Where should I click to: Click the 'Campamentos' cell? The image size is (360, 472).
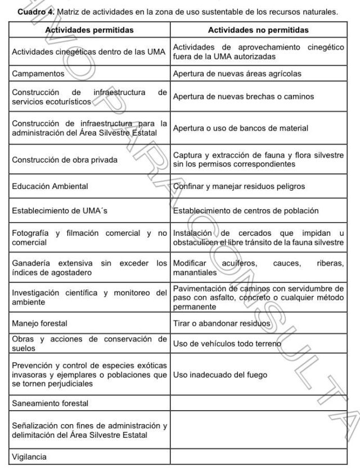coord(38,73)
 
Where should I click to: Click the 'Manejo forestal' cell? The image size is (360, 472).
coord(40,324)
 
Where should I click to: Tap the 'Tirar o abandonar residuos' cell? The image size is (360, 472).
coord(222,324)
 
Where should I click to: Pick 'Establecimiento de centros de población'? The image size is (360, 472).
coord(246,211)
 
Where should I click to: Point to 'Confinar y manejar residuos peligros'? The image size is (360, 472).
coord(239,185)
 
